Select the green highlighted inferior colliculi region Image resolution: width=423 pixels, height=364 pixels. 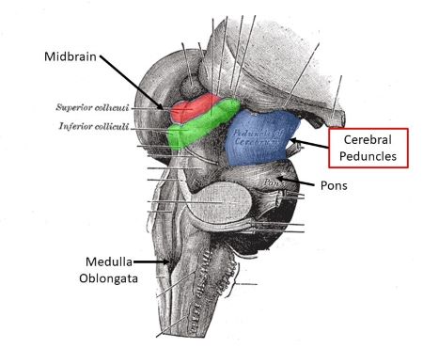(x=199, y=127)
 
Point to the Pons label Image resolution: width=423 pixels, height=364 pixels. (x=333, y=185)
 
